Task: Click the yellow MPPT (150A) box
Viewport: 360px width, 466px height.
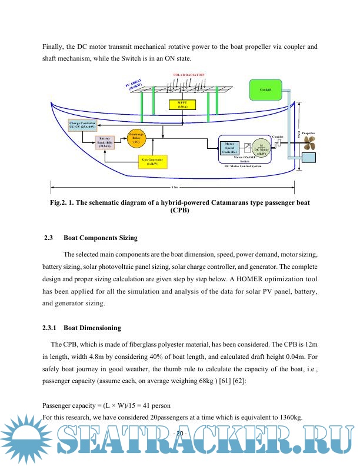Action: pyautogui.click(x=182, y=104)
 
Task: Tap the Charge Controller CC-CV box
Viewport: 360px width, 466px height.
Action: pyautogui.click(x=82, y=125)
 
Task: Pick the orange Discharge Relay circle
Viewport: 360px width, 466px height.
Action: pyautogui.click(x=136, y=138)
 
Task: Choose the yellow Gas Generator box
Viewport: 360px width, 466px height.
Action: pyautogui.click(x=152, y=161)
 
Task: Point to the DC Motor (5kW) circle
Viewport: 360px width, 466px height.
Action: pyautogui.click(x=259, y=149)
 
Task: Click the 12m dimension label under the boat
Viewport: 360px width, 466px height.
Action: pyautogui.click(x=174, y=188)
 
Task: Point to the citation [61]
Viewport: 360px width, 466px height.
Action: pyautogui.click(x=256, y=381)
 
